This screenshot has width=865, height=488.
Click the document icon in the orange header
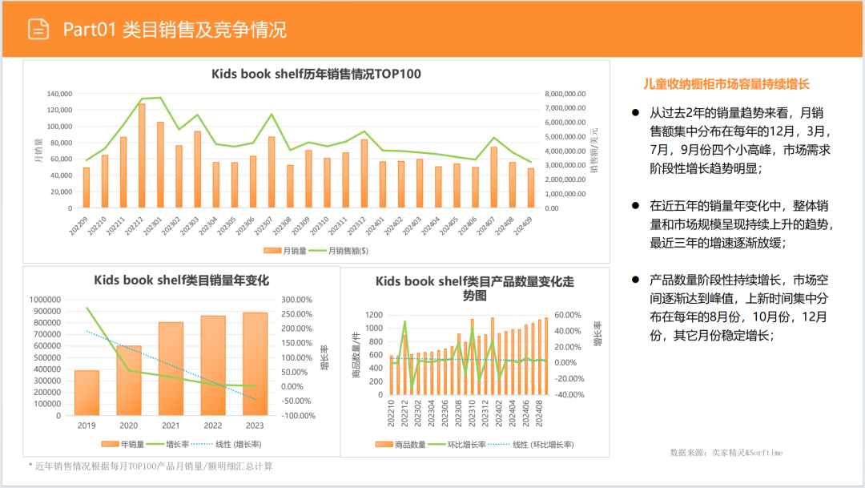point(38,30)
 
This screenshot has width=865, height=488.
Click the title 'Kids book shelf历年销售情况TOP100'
point(316,74)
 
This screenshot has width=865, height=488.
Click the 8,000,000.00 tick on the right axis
point(565,94)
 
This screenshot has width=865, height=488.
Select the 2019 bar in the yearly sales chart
point(86,393)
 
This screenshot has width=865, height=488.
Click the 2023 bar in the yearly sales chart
point(255,364)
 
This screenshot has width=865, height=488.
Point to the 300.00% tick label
point(297,300)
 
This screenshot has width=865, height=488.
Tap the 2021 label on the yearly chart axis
point(171,425)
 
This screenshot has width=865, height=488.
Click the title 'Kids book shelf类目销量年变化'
point(181,280)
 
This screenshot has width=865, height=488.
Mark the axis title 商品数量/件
point(355,354)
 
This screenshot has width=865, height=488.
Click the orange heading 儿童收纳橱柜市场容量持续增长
point(727,83)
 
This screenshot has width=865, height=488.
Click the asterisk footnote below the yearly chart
point(151,466)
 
